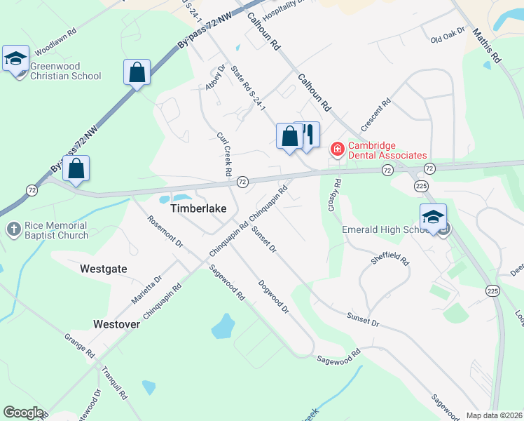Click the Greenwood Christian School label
tap(64, 71)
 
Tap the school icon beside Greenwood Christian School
tap(15, 59)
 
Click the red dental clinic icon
tap(337, 149)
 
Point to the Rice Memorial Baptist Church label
tap(55, 230)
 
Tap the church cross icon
tap(13, 229)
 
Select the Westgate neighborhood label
tap(104, 268)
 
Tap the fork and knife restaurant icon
tap(308, 134)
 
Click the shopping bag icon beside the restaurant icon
tap(289, 135)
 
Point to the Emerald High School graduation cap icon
tap(433, 217)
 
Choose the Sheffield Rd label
tap(390, 260)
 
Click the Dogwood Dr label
tap(273, 296)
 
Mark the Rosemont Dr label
tap(165, 232)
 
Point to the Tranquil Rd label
tap(113, 383)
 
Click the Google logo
tap(23, 413)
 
